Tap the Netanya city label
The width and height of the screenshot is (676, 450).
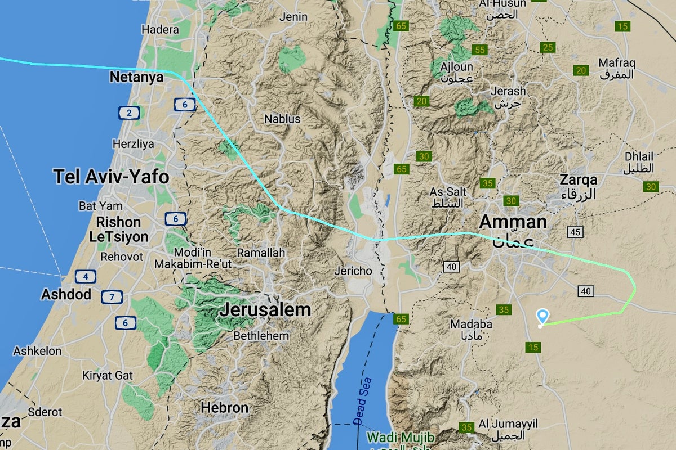pyautogui.click(x=136, y=77)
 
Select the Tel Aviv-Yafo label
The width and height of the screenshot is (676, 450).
pyautogui.click(x=111, y=177)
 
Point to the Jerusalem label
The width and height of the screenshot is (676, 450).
pyautogui.click(x=265, y=309)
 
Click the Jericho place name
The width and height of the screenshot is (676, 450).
pyautogui.click(x=353, y=271)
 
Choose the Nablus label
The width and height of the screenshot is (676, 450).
pyautogui.click(x=282, y=119)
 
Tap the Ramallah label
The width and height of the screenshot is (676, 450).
pyautogui.click(x=261, y=253)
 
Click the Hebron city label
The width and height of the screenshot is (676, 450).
pyautogui.click(x=225, y=408)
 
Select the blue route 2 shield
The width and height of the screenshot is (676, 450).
pyautogui.click(x=129, y=113)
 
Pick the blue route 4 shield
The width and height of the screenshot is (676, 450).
pyautogui.click(x=85, y=276)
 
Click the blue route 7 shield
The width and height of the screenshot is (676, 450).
pyautogui.click(x=113, y=296)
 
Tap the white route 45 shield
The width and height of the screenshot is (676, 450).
pyautogui.click(x=575, y=232)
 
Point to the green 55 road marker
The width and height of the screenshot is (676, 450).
pyautogui.click(x=480, y=50)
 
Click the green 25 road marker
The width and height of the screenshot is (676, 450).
pyautogui.click(x=548, y=47)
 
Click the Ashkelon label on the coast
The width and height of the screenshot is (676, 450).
pyautogui.click(x=37, y=351)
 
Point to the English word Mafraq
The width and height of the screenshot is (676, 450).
pyautogui.click(x=616, y=62)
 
